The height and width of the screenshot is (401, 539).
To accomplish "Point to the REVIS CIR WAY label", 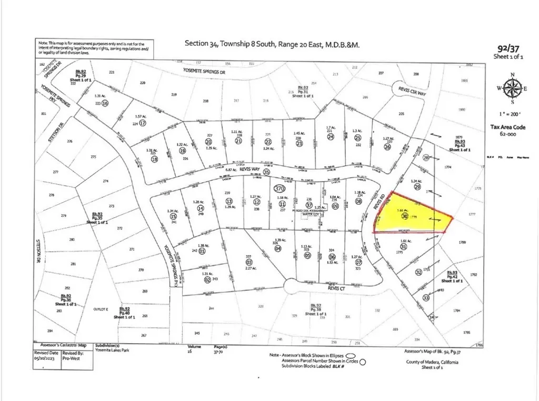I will (x=412, y=90).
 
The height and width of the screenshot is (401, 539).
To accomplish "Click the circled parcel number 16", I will (x=105, y=104).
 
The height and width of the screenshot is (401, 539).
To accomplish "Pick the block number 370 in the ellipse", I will (x=279, y=188).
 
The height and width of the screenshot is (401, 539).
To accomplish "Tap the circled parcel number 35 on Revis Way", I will (x=266, y=172).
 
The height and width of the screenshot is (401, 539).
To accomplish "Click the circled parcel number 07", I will (x=358, y=262).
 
